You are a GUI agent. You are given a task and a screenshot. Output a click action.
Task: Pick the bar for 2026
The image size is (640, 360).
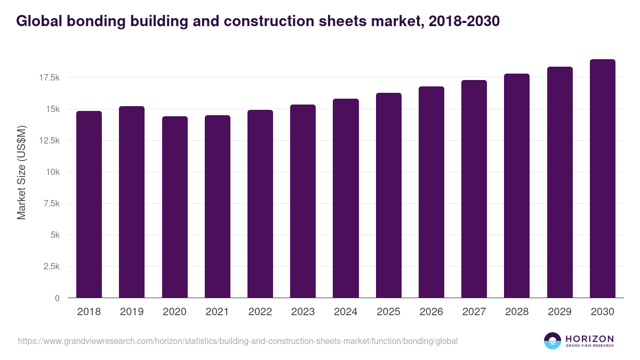[x=431, y=192]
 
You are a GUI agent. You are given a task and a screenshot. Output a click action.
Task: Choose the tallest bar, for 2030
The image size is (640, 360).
[x=602, y=179]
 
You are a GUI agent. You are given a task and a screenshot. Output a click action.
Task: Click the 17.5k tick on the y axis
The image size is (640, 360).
[x=49, y=78]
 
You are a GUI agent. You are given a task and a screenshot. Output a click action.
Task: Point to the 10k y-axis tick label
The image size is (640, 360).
[x=52, y=172]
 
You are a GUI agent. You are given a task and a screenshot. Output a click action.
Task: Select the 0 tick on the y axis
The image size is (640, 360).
[x=57, y=298]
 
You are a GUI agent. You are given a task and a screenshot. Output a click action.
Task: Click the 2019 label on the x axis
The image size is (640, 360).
[x=132, y=312]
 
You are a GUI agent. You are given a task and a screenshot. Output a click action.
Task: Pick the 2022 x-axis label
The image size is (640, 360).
[x=260, y=312]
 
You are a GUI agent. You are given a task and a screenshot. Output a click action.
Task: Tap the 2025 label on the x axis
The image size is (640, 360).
[x=388, y=312]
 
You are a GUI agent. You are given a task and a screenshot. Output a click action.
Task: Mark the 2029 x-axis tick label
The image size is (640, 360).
[x=559, y=312]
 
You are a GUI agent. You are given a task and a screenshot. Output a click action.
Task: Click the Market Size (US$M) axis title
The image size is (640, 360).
[x=21, y=172]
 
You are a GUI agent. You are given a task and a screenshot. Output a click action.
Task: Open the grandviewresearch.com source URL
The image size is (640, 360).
[x=238, y=341]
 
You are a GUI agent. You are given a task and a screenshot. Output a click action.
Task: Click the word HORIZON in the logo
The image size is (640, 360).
[x=589, y=339]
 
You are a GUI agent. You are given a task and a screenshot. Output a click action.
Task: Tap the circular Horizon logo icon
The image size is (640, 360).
[x=553, y=341]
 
